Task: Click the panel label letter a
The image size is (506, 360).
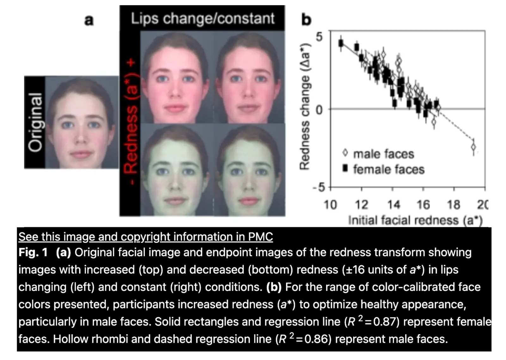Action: (89, 20)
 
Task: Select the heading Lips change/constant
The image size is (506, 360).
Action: (202, 18)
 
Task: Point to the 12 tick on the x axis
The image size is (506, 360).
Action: (361, 205)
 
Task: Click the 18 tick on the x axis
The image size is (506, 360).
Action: (453, 205)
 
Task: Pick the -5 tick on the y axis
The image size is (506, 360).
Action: (319, 188)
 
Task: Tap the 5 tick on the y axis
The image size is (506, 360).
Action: (319, 37)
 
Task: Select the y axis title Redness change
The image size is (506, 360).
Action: (304, 106)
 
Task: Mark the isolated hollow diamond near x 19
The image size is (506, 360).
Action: (473, 147)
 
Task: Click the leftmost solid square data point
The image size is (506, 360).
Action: (341, 43)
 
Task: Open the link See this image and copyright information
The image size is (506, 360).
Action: (145, 237)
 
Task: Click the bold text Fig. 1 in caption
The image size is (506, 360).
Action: (33, 252)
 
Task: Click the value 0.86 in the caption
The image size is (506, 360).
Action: (316, 339)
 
